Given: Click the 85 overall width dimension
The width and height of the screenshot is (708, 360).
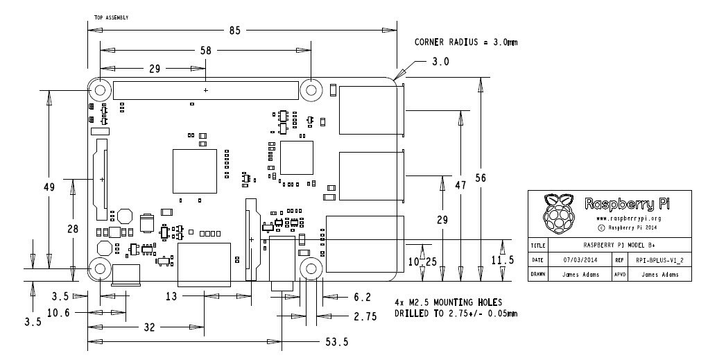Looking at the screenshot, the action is click(235, 31).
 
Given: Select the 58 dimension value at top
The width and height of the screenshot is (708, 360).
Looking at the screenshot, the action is click(205, 51).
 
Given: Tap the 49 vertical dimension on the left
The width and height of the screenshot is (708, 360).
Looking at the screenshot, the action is click(49, 187).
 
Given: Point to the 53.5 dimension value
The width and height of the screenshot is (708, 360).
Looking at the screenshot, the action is click(336, 342).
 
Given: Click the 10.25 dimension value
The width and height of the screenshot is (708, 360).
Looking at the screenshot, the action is click(422, 262).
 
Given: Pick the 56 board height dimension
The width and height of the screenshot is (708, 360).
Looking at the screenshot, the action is click(481, 178).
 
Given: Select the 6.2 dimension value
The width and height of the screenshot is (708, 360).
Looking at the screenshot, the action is click(362, 297).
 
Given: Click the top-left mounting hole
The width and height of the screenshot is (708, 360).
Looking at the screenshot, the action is click(99, 90).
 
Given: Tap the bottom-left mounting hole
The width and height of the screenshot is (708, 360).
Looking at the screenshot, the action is click(99, 269).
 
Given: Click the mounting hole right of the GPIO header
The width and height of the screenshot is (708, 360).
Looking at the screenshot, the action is click(311, 90).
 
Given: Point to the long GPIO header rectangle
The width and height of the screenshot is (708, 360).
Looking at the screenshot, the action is click(206, 90).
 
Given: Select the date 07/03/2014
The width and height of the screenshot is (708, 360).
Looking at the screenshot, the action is click(580, 260).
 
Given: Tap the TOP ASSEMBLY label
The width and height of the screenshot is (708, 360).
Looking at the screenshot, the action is click(111, 17).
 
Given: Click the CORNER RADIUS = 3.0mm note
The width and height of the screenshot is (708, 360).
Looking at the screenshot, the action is click(466, 42).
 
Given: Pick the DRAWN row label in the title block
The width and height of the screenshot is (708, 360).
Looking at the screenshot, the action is click(538, 274).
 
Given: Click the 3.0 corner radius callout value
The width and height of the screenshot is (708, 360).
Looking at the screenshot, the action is click(441, 62).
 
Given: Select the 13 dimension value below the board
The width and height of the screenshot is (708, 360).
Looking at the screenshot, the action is click(172, 297).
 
